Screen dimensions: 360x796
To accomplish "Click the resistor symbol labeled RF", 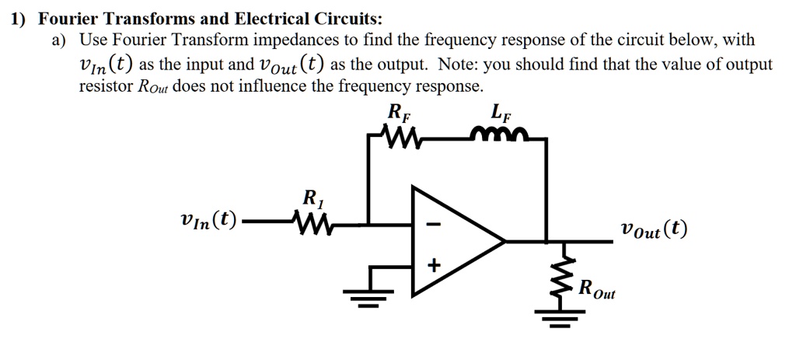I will pyautogui.click(x=403, y=141).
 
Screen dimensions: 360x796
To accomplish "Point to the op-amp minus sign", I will pyautogui.click(x=435, y=225).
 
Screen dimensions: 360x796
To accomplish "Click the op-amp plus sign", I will pyautogui.click(x=435, y=267).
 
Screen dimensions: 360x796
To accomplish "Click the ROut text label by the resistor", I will pyautogui.click(x=595, y=289).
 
